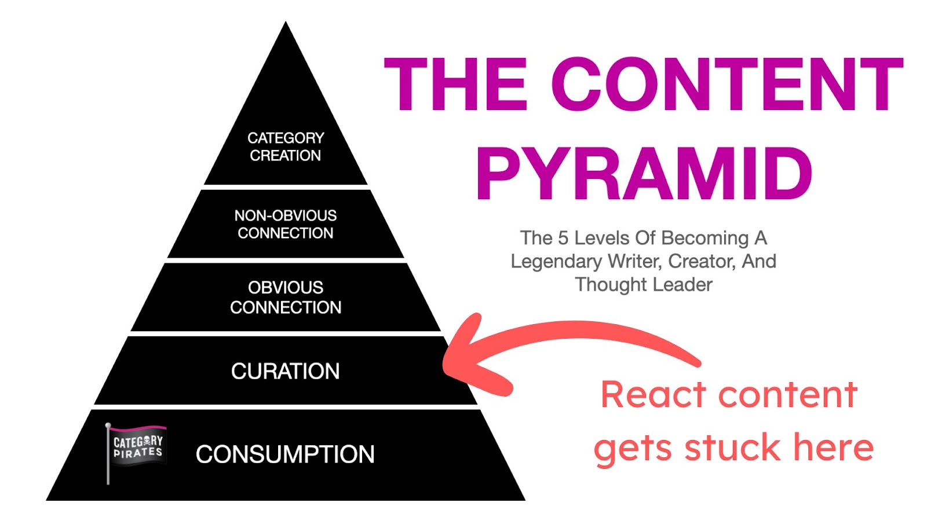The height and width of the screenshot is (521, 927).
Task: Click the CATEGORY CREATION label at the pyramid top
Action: pos(286,146)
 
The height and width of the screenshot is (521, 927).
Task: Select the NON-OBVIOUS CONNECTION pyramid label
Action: pos(286,224)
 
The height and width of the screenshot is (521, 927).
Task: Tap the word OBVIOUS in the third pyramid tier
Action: pos(286,287)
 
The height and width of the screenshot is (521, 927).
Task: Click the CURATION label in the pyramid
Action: pos(285,371)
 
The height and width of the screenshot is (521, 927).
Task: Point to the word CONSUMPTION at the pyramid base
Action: pos(285,454)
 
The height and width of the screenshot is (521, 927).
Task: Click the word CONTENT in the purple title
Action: pos(727,84)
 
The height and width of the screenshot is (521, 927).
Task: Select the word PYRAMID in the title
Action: pos(644,174)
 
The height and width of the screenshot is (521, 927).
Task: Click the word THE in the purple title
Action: pos(455,84)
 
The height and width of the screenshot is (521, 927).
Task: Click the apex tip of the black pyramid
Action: pos(286,21)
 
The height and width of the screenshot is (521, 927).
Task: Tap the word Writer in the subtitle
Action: pos(635,262)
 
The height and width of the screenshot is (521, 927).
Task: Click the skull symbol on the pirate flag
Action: pos(145,441)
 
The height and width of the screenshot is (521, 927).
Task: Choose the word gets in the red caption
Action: pos(634,449)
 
